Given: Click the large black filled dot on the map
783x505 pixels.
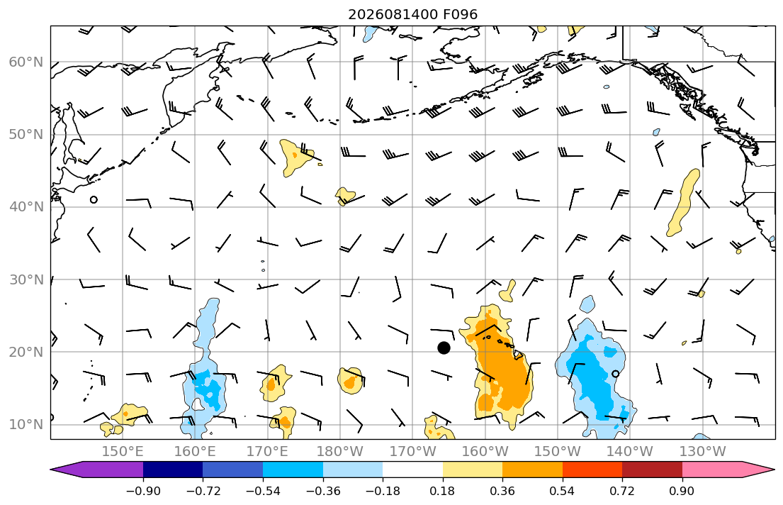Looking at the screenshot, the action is pyautogui.click(x=444, y=348).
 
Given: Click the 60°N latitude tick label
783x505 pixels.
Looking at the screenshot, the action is pyautogui.click(x=26, y=62).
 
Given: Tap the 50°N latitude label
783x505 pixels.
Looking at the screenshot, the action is pyautogui.click(x=26, y=135).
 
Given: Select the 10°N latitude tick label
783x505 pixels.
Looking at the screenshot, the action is pyautogui.click(x=26, y=425).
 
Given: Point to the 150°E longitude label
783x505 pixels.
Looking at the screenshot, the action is pyautogui.click(x=123, y=452).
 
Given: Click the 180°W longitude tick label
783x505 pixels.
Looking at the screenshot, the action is pyautogui.click(x=340, y=452).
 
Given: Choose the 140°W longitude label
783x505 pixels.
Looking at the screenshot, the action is pyautogui.click(x=630, y=452).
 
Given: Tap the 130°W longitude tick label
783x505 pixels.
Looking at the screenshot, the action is pyautogui.click(x=702, y=452).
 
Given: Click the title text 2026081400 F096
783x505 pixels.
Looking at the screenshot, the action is pyautogui.click(x=412, y=14).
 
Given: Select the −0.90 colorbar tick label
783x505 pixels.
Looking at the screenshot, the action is pyautogui.click(x=143, y=491).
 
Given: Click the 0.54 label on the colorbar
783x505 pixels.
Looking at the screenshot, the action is pyautogui.click(x=563, y=491).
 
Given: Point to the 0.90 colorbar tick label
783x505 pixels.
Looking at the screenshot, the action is pyautogui.click(x=682, y=491).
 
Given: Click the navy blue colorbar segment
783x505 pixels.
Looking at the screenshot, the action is pyautogui.click(x=173, y=470).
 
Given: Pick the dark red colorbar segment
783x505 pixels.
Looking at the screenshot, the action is pyautogui.click(x=652, y=470).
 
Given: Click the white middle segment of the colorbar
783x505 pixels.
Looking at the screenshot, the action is pyautogui.click(x=412, y=470).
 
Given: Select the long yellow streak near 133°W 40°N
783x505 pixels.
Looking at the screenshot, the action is pyautogui.click(x=683, y=203).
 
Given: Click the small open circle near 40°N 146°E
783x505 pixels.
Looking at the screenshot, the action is pyautogui.click(x=94, y=199).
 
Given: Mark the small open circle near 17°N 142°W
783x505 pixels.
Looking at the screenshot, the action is pyautogui.click(x=615, y=374).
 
